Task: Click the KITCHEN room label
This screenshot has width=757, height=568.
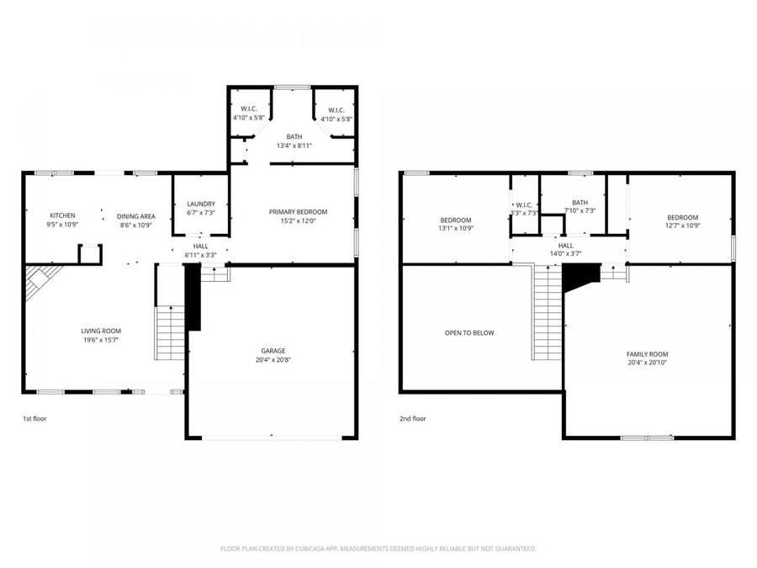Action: coord(62,215)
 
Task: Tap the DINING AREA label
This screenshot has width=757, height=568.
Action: coord(135,216)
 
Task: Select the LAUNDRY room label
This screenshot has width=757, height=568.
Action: coord(201,204)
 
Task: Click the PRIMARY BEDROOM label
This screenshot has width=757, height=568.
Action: coord(298,211)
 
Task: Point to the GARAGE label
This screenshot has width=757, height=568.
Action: coord(273,351)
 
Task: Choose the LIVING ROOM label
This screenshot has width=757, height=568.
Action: coord(101,331)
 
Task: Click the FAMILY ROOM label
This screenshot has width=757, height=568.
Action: coord(648,354)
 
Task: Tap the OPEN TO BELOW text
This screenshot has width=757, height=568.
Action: coord(469,332)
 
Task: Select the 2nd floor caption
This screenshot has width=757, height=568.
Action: coord(412,418)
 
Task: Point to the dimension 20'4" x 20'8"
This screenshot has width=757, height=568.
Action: coord(273,360)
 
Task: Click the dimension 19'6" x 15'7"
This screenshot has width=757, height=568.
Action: coord(101,340)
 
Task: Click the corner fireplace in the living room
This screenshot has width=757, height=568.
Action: coord(39,281)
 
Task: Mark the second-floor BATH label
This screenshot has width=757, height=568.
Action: coord(580,202)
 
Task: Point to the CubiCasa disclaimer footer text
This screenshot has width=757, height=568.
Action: coord(378,549)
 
